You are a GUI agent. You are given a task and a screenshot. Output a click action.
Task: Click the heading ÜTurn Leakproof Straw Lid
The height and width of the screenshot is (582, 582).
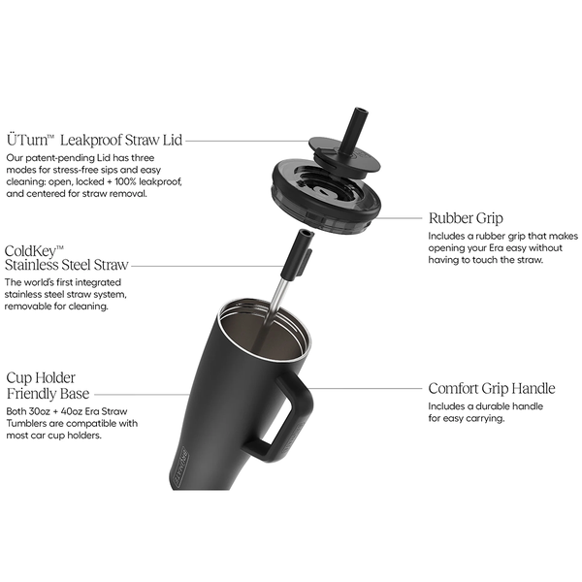[95, 140]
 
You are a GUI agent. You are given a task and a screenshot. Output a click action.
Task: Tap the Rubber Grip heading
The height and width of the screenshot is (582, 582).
[466, 218]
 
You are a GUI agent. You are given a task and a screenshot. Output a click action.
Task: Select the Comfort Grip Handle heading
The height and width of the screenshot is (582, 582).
[492, 389]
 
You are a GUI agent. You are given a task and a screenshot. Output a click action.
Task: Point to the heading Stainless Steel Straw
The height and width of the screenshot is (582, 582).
[67, 265]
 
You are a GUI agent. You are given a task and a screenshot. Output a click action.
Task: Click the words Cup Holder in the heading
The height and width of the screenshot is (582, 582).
[41, 378]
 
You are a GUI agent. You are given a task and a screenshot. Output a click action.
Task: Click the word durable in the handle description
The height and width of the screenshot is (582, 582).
[492, 406]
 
